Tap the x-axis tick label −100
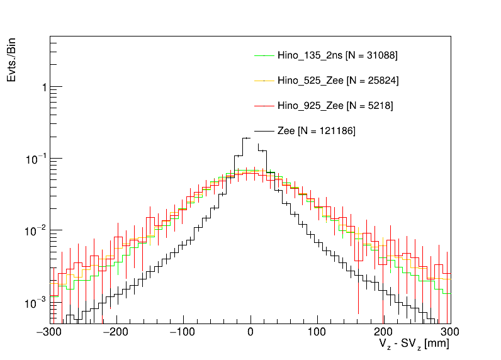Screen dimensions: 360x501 tap(182, 331)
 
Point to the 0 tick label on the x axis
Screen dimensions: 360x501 tap(250, 331)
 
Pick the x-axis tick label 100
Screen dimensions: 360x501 tap(317, 331)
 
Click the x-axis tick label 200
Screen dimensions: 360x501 tap(383, 331)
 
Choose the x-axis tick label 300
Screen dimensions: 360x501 tap(449, 331)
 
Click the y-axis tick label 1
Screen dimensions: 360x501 tap(43, 87)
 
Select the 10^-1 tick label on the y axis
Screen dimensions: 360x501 tap(37, 159)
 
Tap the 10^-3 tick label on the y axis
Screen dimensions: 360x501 tap(37, 303)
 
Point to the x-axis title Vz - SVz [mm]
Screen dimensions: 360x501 tap(414, 345)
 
